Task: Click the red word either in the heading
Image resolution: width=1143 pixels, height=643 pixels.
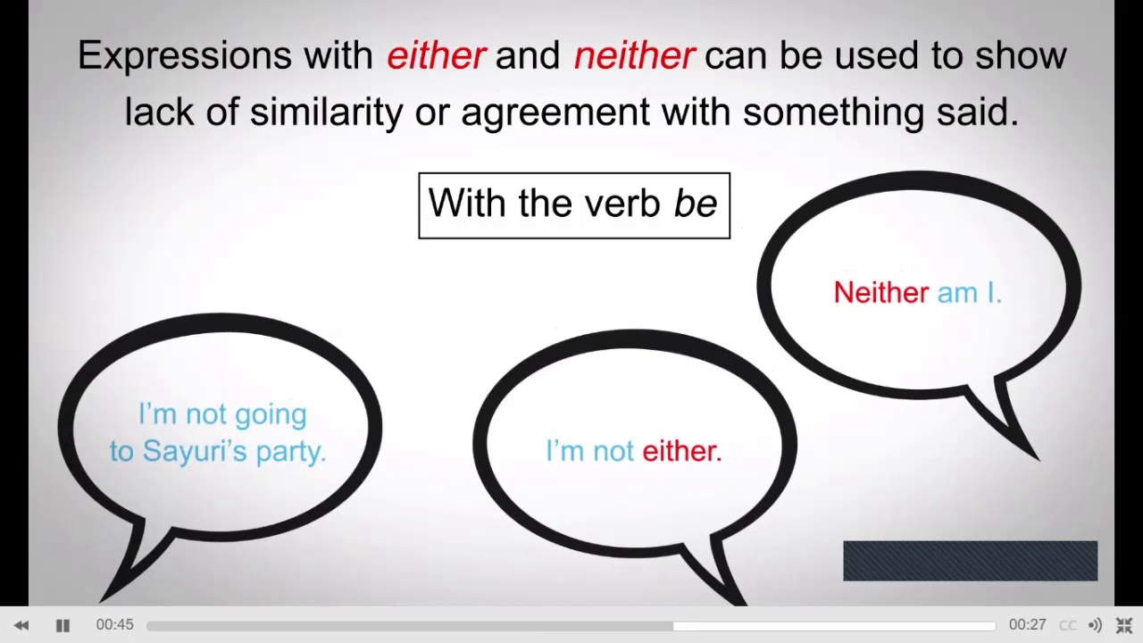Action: point(436,56)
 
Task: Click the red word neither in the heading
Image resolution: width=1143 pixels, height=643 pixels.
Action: point(634,56)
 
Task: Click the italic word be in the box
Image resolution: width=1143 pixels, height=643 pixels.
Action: point(696,204)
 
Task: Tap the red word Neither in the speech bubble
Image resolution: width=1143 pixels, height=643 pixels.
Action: point(880,293)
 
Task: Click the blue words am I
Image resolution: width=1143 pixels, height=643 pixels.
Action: point(969,293)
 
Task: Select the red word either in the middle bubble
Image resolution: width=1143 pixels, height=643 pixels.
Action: point(681,451)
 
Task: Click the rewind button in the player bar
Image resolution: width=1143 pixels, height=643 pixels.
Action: point(21,625)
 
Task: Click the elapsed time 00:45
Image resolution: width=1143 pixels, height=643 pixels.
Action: point(114,625)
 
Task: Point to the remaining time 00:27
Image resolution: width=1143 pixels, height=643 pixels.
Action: point(1027,625)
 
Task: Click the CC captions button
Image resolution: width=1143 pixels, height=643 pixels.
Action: point(1067,625)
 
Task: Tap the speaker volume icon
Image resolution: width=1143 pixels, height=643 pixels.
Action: point(1095,625)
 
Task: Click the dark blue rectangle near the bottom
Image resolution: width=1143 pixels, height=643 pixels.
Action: point(970,561)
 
